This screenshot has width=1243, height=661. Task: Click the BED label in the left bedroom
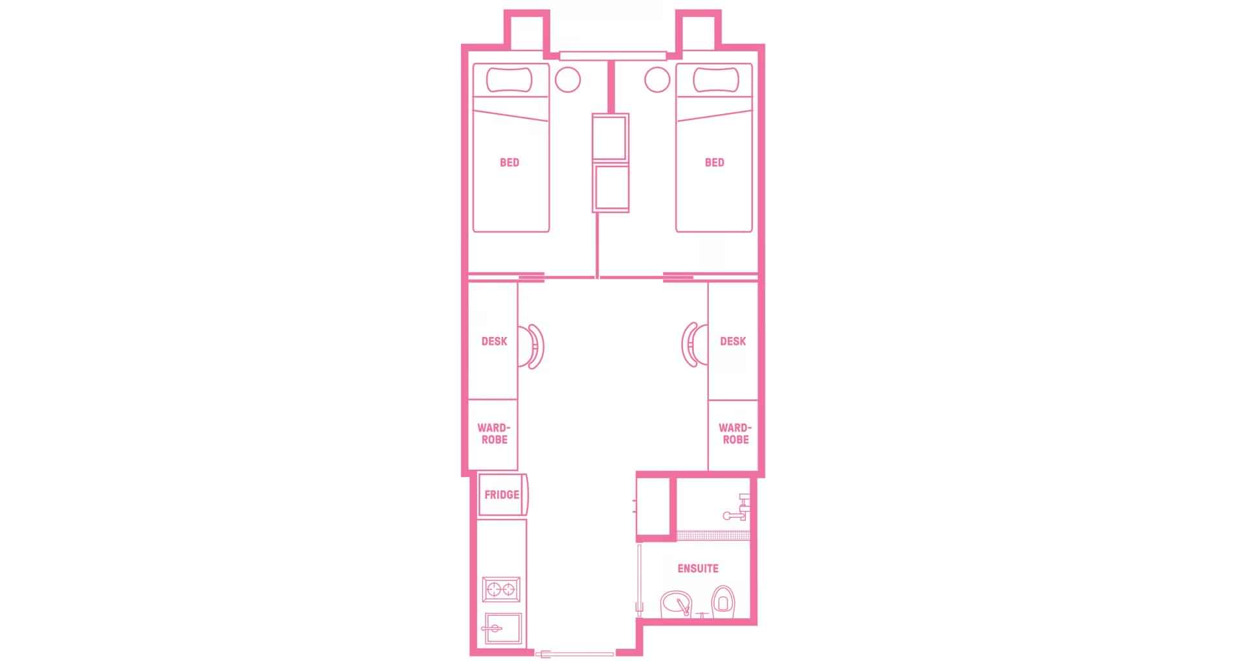click(x=510, y=163)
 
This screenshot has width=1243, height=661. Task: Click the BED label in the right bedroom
click(x=714, y=163)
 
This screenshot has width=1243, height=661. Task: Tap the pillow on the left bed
click(x=510, y=80)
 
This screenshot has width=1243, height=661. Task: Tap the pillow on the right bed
click(x=715, y=80)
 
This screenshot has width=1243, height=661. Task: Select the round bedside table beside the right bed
click(x=657, y=80)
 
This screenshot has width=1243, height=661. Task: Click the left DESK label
click(x=494, y=342)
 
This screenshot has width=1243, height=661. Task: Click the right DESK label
click(x=733, y=342)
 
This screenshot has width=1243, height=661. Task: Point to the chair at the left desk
click(x=535, y=346)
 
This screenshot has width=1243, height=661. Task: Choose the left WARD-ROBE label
click(x=494, y=434)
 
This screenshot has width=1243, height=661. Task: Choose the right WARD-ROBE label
click(x=735, y=434)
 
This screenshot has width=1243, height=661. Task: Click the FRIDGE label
click(x=502, y=495)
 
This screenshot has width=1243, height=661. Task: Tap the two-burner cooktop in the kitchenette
click(x=501, y=590)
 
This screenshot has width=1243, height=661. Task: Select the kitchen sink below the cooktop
click(x=502, y=628)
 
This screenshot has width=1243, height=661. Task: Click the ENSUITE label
click(x=698, y=569)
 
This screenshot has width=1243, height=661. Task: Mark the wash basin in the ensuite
click(x=677, y=605)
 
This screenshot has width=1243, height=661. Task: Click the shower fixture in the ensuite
click(x=738, y=508)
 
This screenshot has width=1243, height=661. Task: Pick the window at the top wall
click(x=612, y=56)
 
